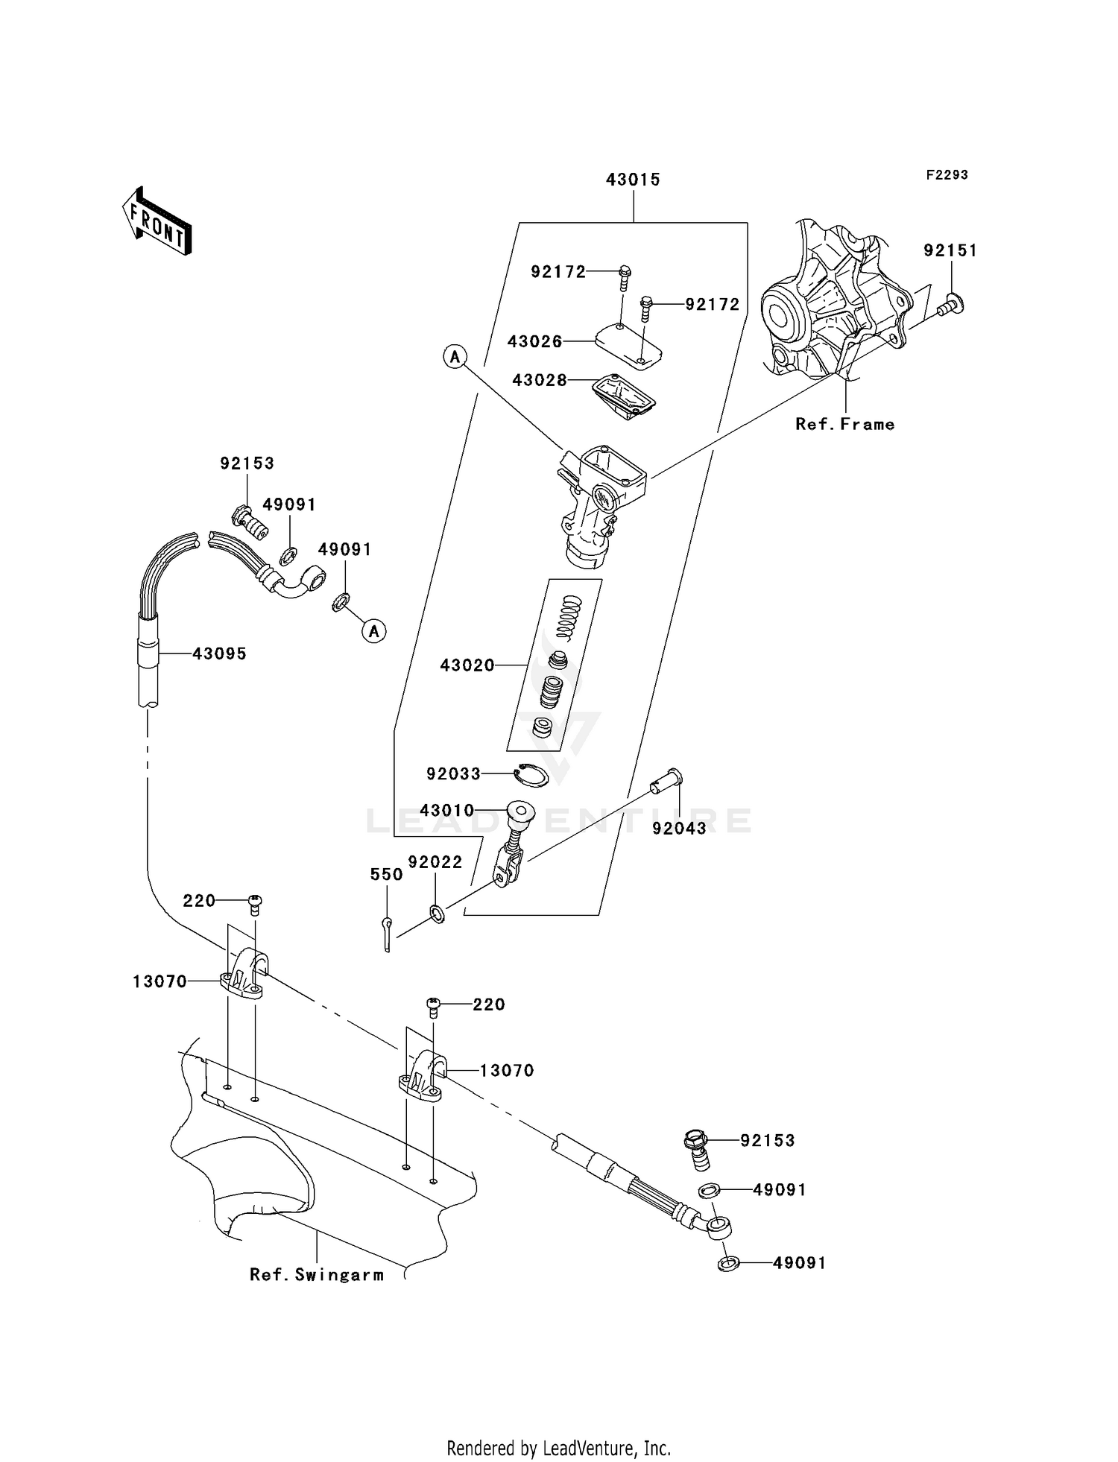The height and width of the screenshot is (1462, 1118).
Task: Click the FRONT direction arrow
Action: (x=157, y=221)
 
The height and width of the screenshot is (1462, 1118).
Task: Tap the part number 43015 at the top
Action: (x=633, y=180)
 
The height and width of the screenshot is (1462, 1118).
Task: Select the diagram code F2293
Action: (x=947, y=175)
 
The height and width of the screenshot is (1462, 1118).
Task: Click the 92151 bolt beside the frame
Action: (x=951, y=303)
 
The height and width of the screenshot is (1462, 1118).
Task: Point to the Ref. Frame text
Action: (x=844, y=425)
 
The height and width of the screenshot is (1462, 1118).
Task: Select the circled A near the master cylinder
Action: (x=455, y=357)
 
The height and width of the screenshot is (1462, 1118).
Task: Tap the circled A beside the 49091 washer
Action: (x=374, y=631)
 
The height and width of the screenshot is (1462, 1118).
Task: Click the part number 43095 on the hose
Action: (x=219, y=654)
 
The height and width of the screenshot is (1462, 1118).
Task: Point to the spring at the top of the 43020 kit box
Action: (x=569, y=618)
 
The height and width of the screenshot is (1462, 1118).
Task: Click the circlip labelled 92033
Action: (x=532, y=775)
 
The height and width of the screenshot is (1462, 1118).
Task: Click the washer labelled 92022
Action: (x=438, y=913)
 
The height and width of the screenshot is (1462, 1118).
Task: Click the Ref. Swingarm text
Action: (x=317, y=1275)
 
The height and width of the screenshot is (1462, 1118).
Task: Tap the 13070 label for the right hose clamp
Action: (x=507, y=1071)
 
